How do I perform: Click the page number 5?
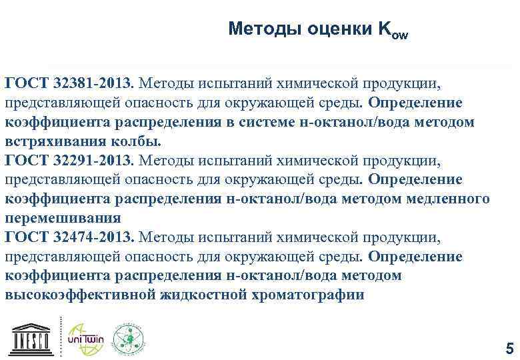click(510, 348)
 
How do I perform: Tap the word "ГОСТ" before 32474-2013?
click(25, 237)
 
